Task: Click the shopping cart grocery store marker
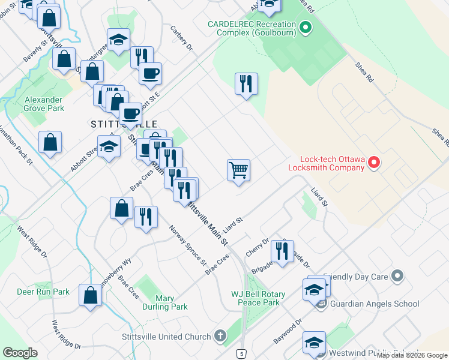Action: tap(239, 170)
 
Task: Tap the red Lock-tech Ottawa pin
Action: tap(373, 163)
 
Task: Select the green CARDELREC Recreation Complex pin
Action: tap(305, 28)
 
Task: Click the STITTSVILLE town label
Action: tap(124, 124)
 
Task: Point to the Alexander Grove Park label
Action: tap(43, 104)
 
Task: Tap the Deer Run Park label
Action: tap(43, 292)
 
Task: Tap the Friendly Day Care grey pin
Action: tap(396, 277)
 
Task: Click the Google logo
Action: tap(19, 352)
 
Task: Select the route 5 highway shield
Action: tap(241, 353)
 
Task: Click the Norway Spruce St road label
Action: tap(188, 247)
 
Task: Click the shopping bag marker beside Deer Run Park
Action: tap(91, 295)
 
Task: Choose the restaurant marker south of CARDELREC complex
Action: tap(246, 83)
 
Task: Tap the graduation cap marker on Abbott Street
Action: tap(109, 146)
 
